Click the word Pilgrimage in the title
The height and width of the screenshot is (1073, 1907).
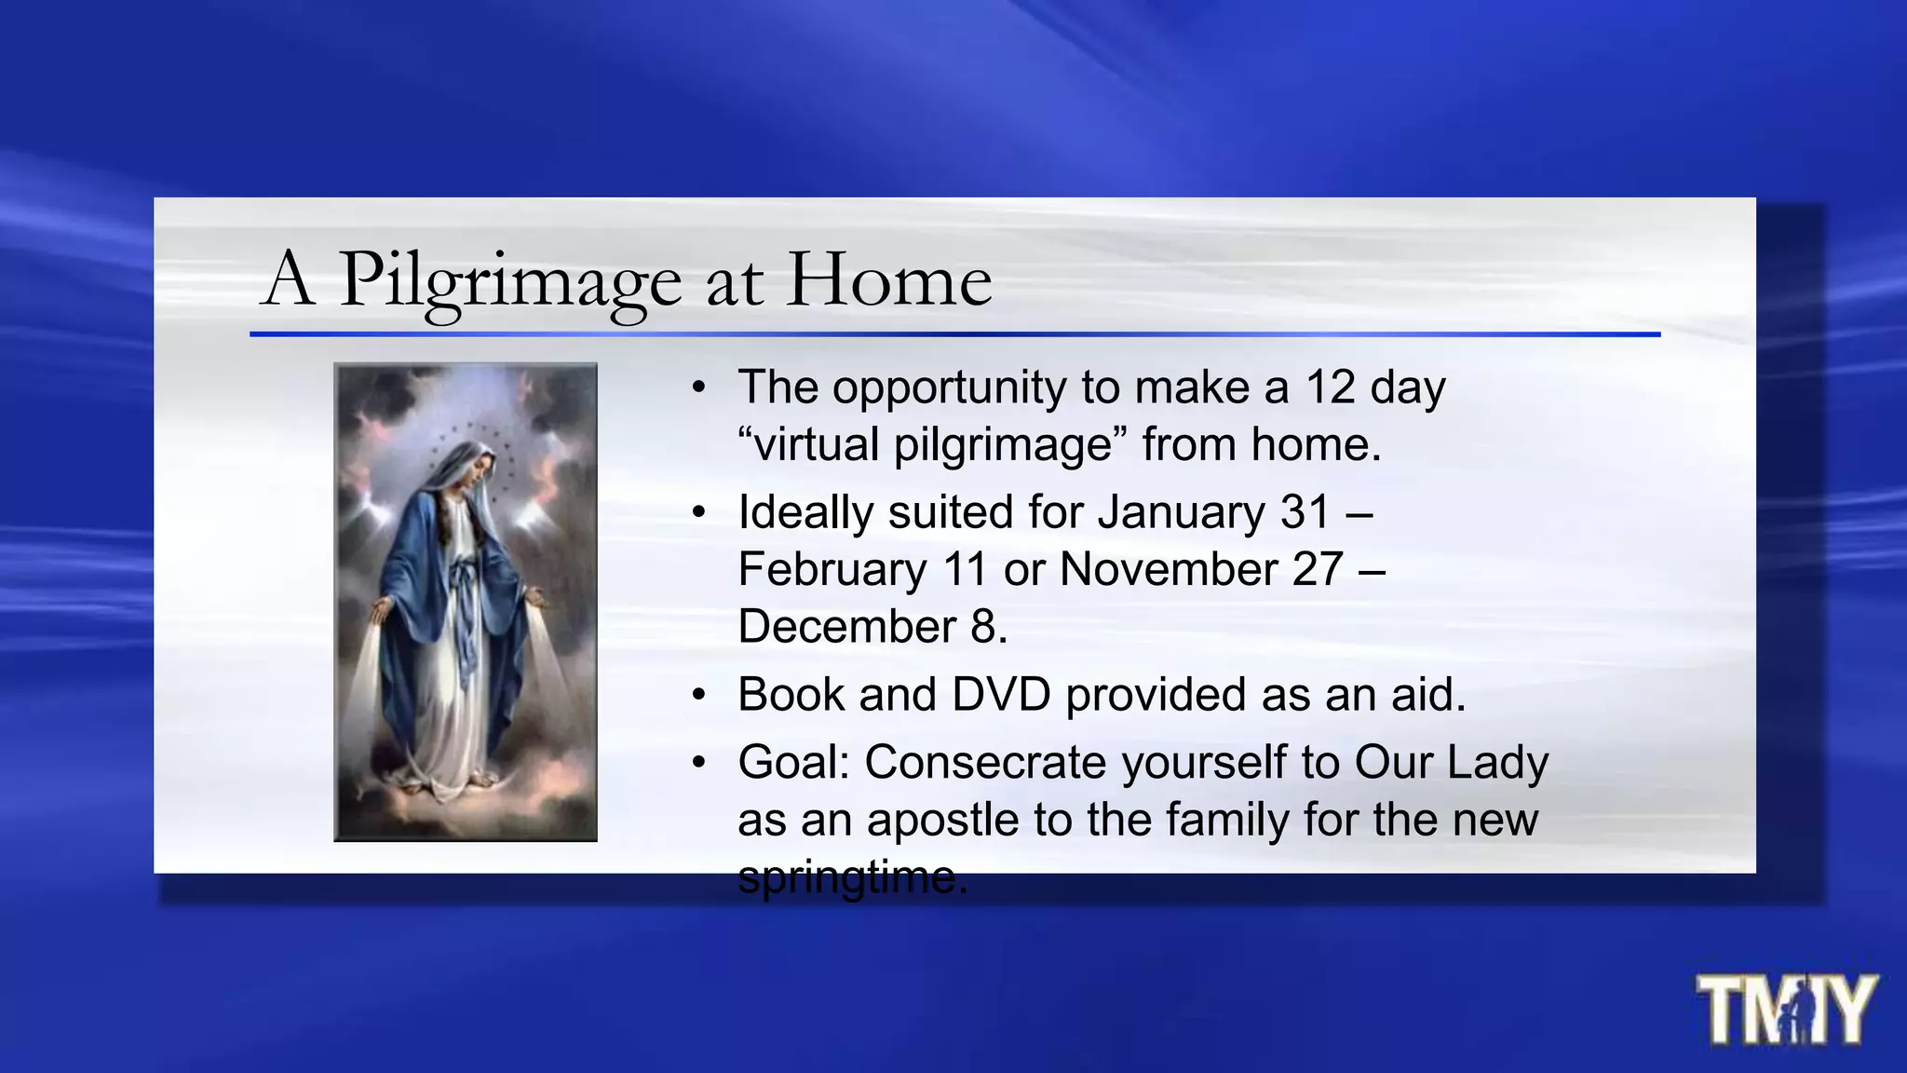coord(509,280)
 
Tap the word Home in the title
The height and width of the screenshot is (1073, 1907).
coord(889,278)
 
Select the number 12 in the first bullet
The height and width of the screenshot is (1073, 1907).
coord(1330,387)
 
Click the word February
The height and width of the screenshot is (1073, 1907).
coord(832,569)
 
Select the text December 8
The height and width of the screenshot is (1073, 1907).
coord(872,626)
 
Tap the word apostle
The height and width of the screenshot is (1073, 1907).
coord(942,821)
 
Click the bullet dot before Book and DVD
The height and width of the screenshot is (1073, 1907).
coord(699,695)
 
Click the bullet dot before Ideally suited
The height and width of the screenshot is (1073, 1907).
coord(699,512)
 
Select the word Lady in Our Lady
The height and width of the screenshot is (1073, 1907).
coord(1497,763)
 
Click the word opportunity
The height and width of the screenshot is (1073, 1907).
coord(949,387)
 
